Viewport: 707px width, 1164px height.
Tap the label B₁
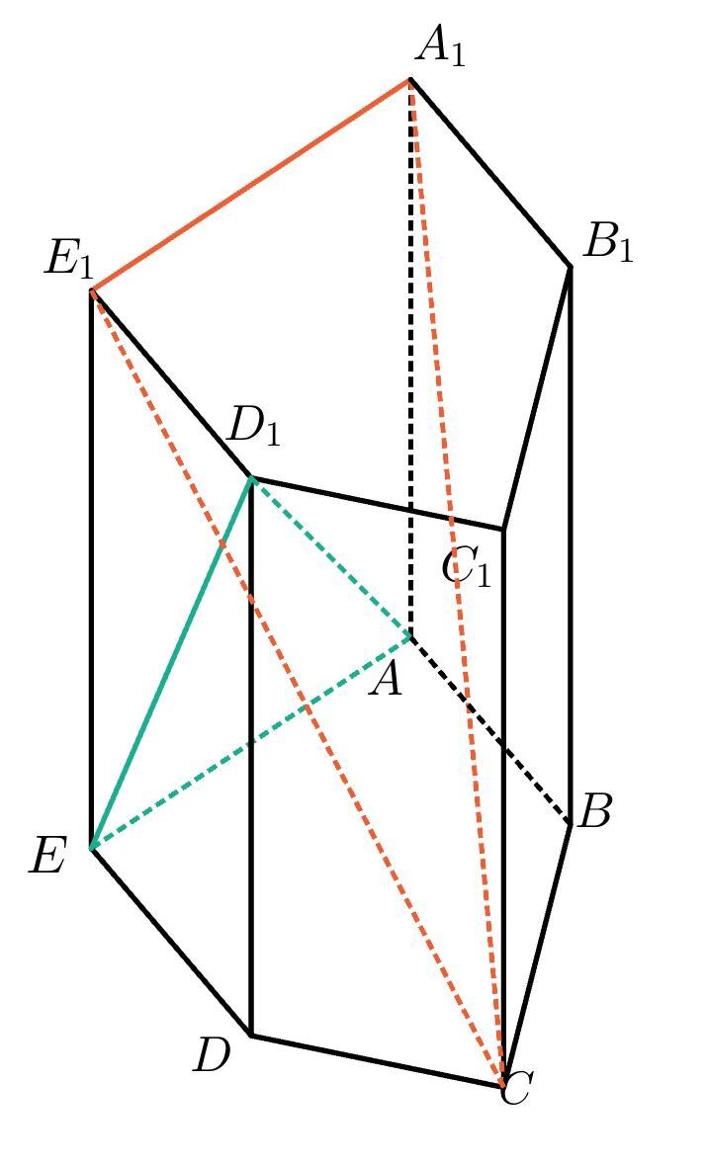coord(607,243)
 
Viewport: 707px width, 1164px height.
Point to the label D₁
coord(255,427)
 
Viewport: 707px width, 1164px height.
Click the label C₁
coord(467,566)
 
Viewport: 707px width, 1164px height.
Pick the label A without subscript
coord(386,680)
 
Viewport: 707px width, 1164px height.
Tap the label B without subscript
coord(595,812)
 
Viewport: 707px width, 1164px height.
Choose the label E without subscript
coord(47,857)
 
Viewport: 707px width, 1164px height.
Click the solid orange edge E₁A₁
coord(250,185)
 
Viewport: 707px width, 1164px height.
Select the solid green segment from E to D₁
coord(171,663)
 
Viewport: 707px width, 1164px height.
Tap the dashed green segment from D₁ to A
coord(331,556)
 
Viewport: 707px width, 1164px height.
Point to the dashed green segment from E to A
coord(250,742)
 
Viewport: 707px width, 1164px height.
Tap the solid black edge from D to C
coord(377,1061)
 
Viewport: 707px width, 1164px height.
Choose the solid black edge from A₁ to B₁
coord(490,173)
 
